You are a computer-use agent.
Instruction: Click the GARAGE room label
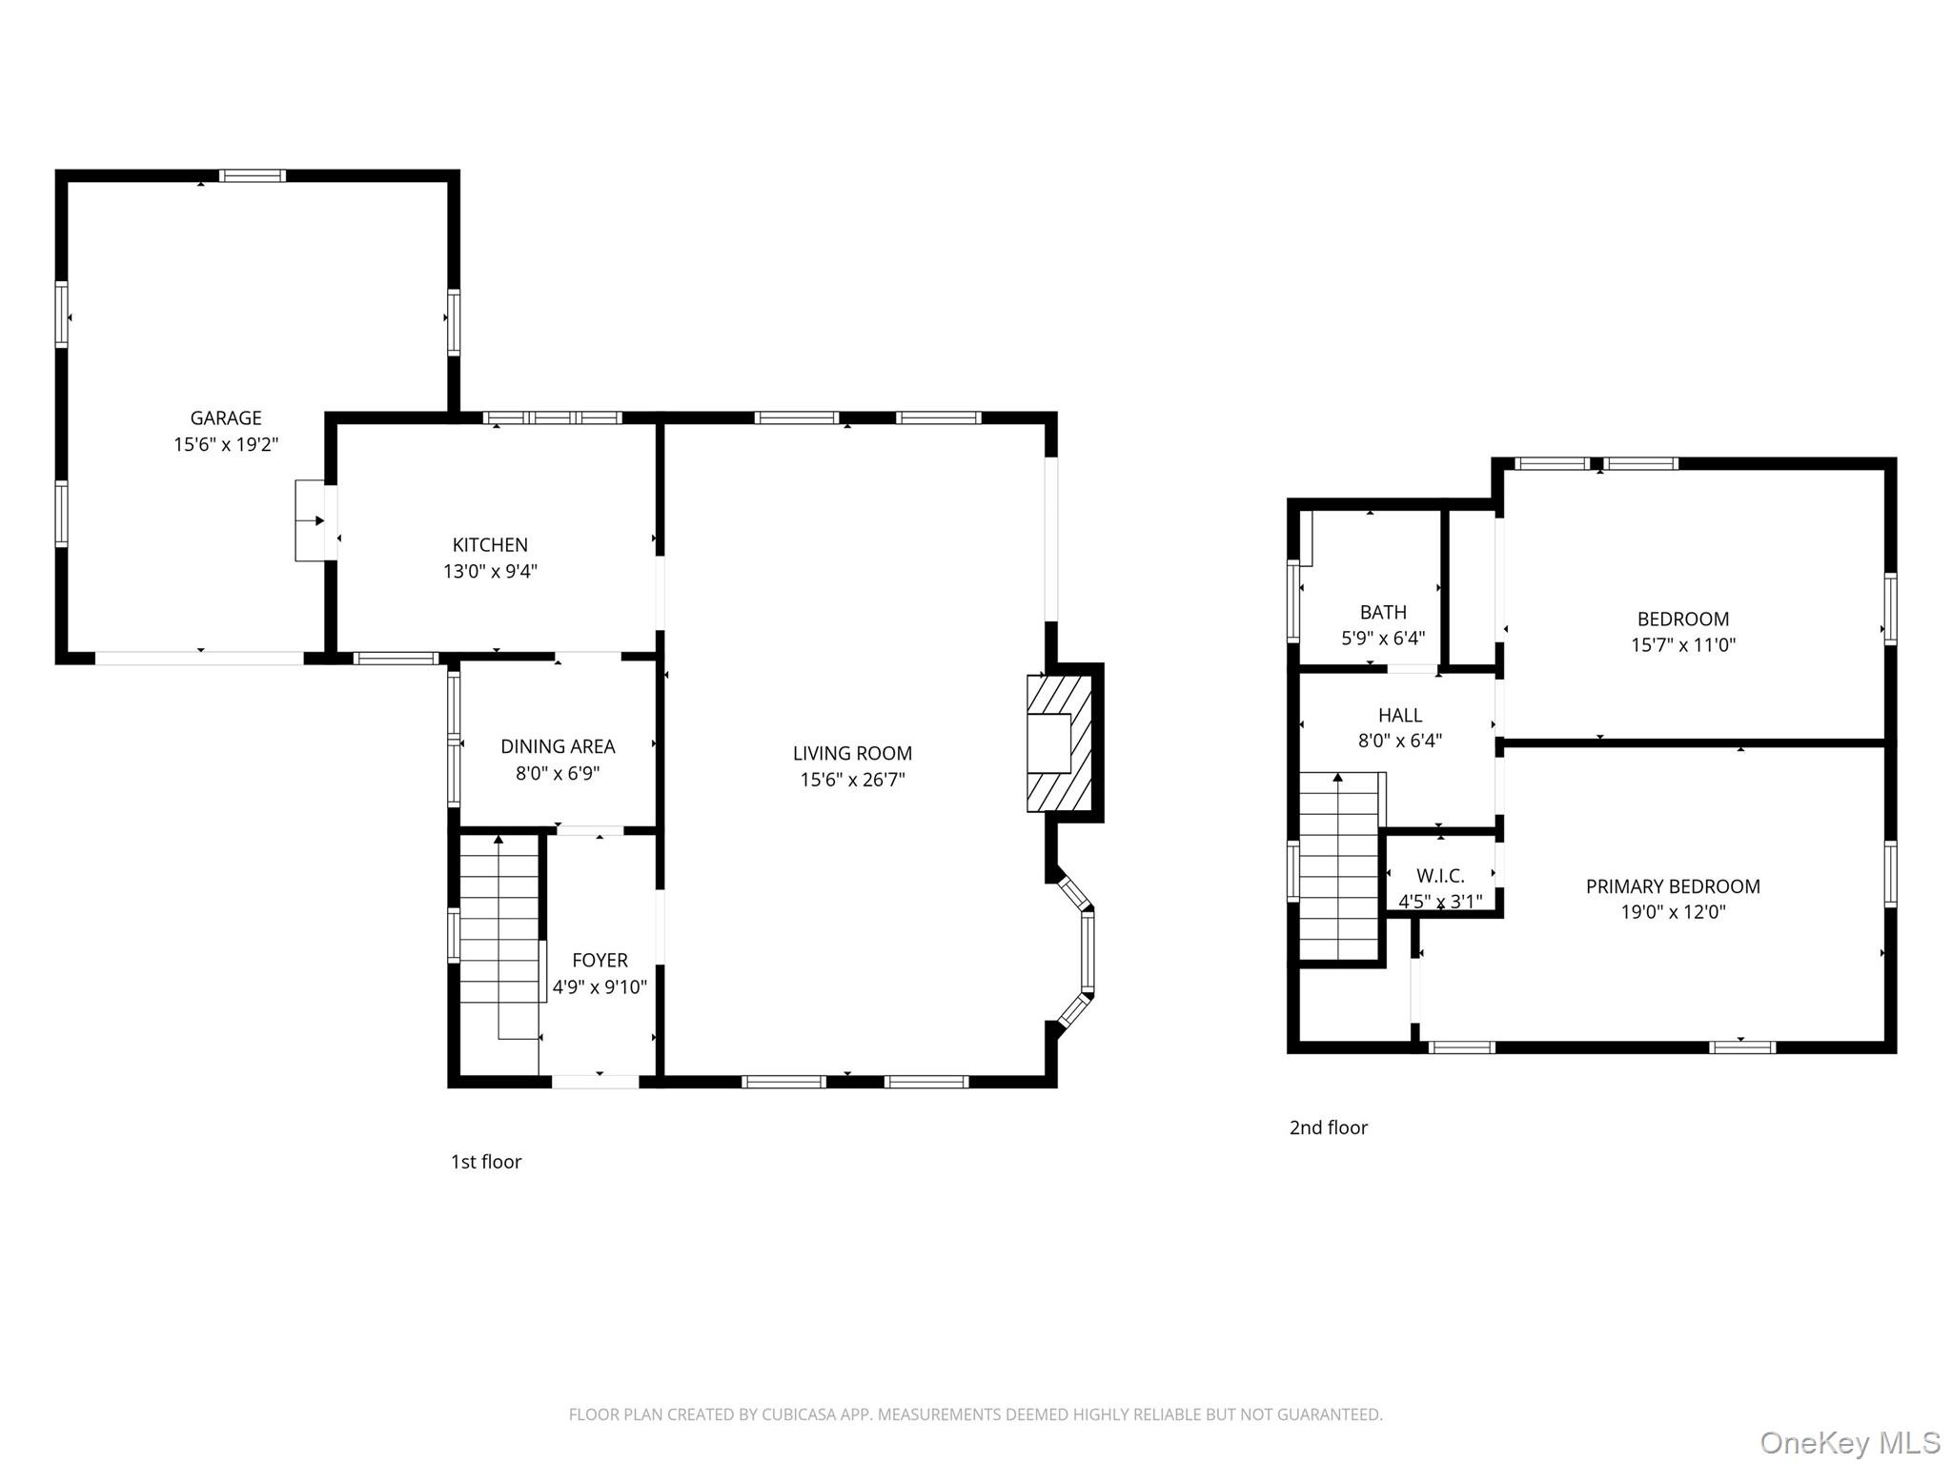(226, 417)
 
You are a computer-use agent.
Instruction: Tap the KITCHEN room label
(490, 545)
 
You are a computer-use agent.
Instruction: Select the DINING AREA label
(558, 746)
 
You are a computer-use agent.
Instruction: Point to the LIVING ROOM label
(852, 753)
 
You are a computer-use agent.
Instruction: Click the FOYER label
(600, 960)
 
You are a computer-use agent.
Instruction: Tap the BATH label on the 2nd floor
(1383, 612)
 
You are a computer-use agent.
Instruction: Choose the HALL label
(1400, 715)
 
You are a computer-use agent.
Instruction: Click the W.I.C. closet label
(1440, 875)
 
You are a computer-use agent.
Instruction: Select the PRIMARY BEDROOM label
(1673, 886)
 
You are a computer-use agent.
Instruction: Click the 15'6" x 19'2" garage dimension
(226, 444)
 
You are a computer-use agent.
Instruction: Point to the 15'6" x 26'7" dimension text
(852, 780)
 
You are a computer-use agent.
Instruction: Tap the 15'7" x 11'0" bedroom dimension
(1683, 644)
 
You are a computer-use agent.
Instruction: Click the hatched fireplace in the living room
(1059, 743)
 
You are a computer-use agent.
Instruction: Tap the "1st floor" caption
(486, 1161)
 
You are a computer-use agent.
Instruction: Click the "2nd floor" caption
(1329, 1128)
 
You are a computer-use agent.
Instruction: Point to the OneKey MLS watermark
(1850, 1442)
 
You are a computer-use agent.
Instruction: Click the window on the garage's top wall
(253, 175)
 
